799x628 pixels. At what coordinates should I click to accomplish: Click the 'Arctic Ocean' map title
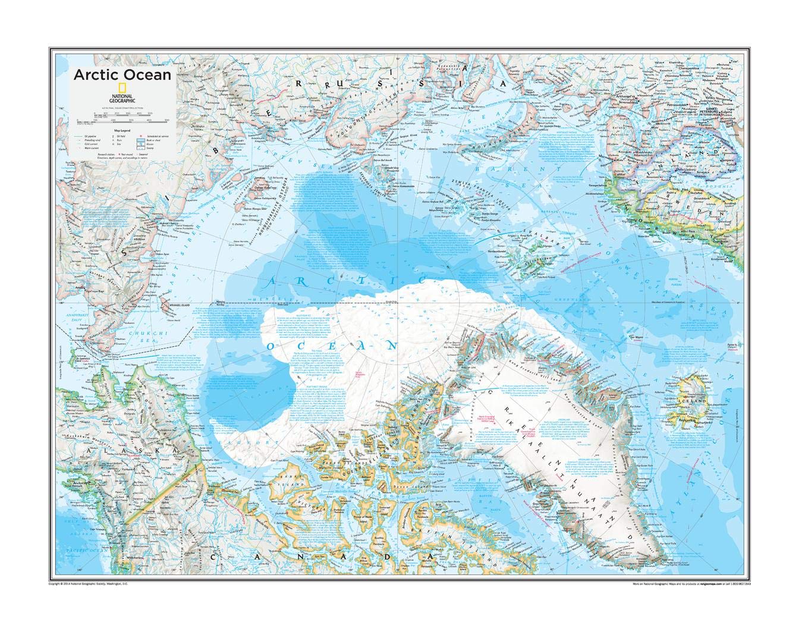point(114,75)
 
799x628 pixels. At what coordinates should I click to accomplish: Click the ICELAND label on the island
point(695,402)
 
